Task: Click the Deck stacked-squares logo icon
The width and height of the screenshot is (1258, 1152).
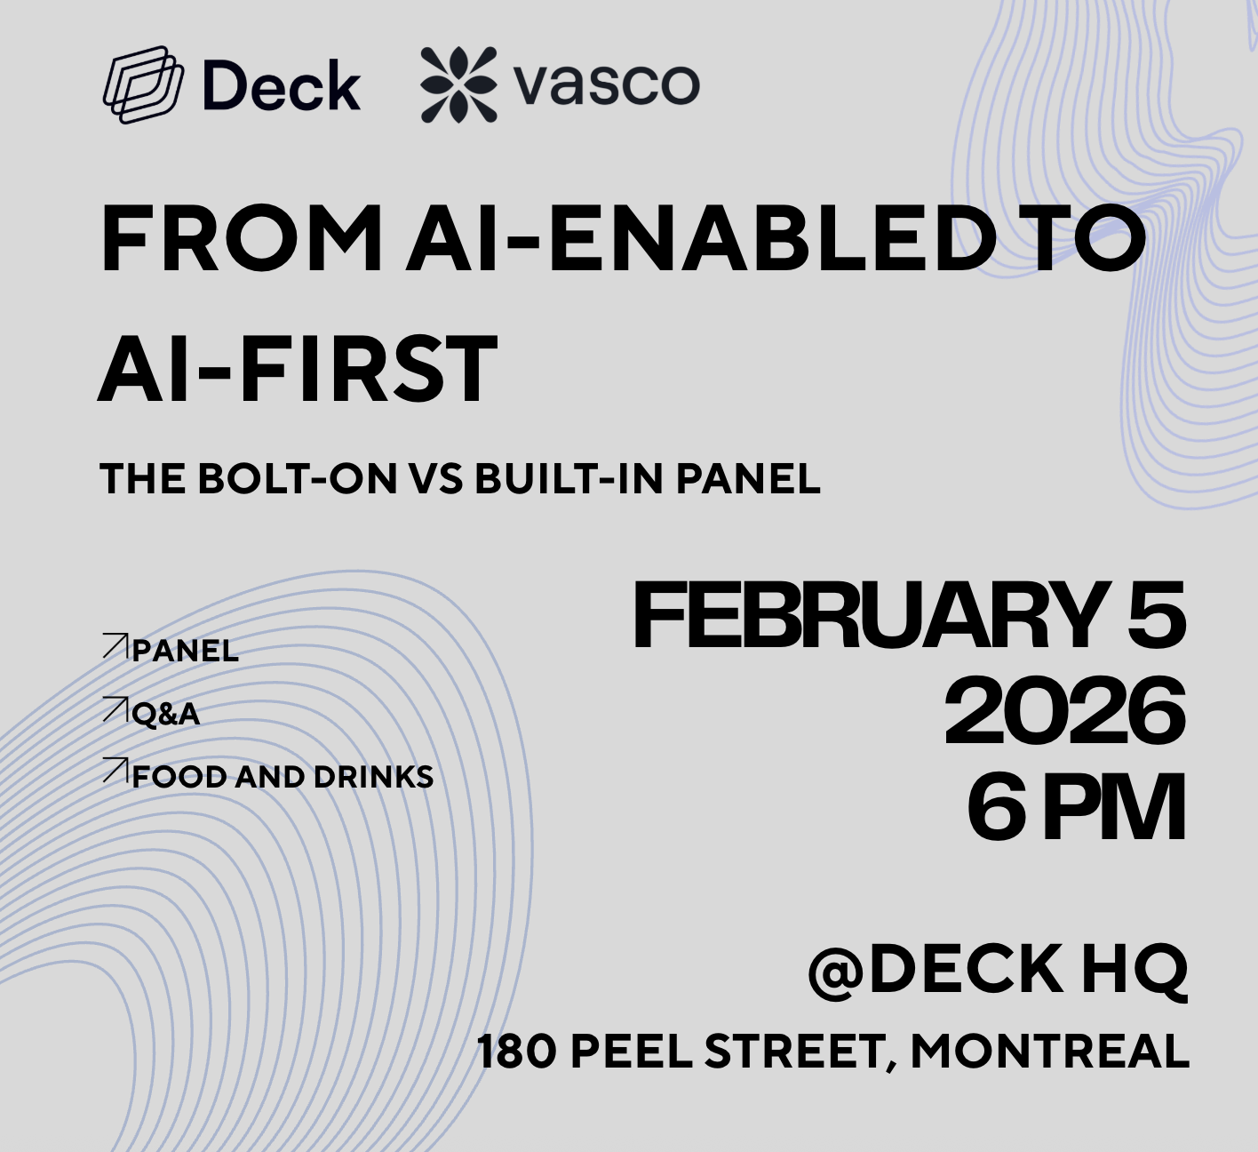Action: tap(142, 84)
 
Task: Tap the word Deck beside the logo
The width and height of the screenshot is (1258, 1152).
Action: tap(282, 86)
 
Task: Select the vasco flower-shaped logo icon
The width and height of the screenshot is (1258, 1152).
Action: tap(458, 84)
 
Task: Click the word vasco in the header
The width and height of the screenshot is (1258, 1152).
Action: tap(607, 84)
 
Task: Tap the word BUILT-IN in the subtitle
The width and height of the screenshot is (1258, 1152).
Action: tap(569, 479)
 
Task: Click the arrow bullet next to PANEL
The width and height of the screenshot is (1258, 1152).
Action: tap(115, 646)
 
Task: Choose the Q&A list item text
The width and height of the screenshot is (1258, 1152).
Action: tap(165, 714)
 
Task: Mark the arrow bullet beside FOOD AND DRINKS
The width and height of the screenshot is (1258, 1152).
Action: tap(115, 771)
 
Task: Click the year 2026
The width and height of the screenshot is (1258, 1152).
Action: tap(1063, 712)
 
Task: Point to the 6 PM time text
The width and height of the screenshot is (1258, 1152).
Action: tap(1076, 808)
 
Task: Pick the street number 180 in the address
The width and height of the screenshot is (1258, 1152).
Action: tap(516, 1052)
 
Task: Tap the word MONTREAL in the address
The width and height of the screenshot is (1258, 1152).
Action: tap(1049, 1052)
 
